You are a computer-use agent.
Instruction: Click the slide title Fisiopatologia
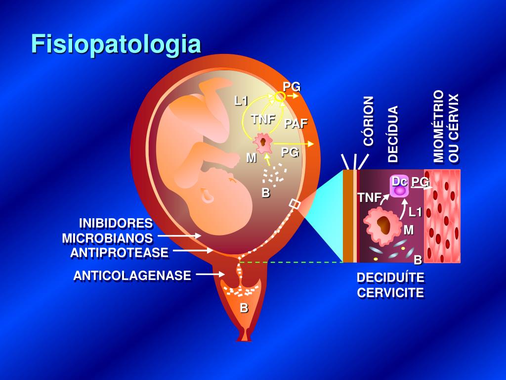click(116, 44)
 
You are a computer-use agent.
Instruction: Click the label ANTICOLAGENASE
click(132, 275)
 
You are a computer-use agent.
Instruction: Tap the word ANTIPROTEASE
click(119, 253)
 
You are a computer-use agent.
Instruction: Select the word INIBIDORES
click(116, 223)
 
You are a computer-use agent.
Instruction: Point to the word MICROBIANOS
click(107, 238)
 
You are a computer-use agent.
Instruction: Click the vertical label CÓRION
click(369, 121)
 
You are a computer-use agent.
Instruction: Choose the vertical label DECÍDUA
click(393, 134)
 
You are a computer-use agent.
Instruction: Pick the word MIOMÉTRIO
click(438, 126)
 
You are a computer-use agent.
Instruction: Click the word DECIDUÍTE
click(390, 278)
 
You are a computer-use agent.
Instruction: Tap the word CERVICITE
click(390, 292)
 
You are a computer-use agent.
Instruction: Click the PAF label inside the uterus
click(295, 123)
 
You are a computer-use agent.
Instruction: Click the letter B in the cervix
click(244, 308)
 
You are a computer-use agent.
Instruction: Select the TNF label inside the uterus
click(263, 119)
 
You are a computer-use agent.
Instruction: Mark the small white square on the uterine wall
click(295, 204)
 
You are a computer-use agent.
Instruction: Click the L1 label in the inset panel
click(415, 212)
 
